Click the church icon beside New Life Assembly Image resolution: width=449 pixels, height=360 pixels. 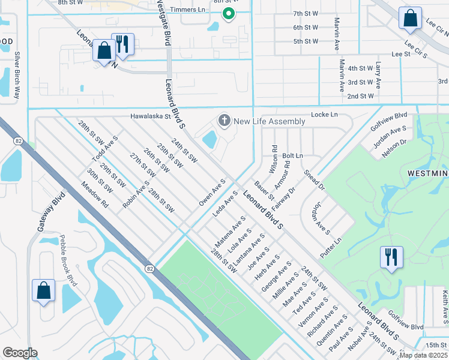pyautogui.click(x=225, y=121)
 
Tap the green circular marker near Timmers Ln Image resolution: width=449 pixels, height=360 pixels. pyautogui.click(x=228, y=13)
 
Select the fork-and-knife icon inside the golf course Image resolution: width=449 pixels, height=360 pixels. pyautogui.click(x=391, y=257)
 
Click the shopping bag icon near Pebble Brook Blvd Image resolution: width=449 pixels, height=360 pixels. pyautogui.click(x=44, y=290)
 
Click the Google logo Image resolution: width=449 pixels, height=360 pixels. pyautogui.click(x=20, y=353)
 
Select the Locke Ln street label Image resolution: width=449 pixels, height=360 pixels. pyautogui.click(x=324, y=114)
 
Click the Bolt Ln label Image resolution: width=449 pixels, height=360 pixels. pyautogui.click(x=292, y=155)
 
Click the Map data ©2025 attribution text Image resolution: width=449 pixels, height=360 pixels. pyautogui.click(x=423, y=355)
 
